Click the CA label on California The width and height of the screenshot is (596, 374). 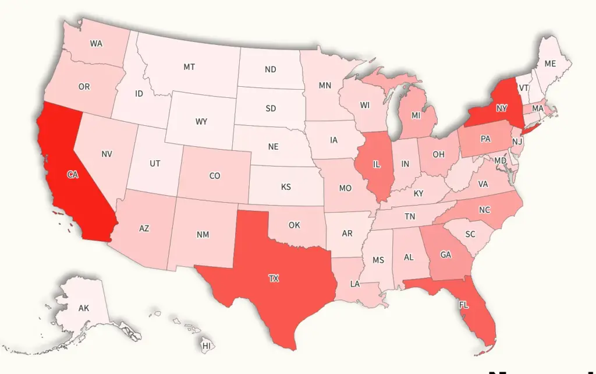point(73,175)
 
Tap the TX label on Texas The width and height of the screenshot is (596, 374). point(274,278)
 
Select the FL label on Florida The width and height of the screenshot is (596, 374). point(463,305)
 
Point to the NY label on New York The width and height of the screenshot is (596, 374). point(502,108)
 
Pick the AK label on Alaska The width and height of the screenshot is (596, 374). point(84,308)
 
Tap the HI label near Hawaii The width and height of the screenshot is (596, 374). point(206,346)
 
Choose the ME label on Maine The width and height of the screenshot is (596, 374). point(550,64)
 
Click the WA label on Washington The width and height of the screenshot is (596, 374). point(97,44)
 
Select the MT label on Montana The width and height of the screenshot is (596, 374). point(189,67)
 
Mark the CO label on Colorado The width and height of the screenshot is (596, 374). point(215,175)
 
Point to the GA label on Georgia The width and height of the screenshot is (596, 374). point(446,255)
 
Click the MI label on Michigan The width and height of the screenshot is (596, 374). point(416,116)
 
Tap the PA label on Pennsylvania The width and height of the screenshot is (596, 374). point(485,139)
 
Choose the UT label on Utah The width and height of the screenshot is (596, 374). point(155,164)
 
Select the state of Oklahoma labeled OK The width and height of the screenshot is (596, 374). point(295,225)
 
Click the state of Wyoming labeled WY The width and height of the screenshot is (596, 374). point(201,122)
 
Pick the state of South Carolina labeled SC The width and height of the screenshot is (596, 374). point(470,234)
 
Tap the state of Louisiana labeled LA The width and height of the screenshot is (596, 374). point(354,284)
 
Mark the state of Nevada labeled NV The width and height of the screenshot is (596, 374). point(107,154)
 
